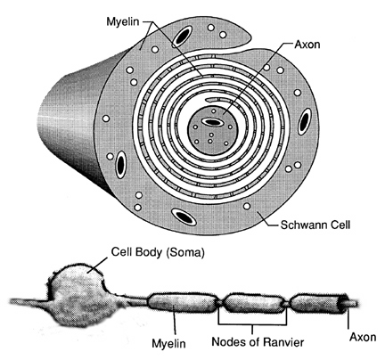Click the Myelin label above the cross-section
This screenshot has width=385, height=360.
[123, 22]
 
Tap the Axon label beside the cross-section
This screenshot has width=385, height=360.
[307, 45]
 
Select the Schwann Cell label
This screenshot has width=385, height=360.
[315, 225]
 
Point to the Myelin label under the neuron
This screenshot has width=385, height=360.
[168, 343]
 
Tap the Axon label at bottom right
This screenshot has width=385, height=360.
[363, 337]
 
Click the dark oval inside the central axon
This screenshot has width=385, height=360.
[211, 122]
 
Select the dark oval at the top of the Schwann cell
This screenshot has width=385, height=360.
[181, 36]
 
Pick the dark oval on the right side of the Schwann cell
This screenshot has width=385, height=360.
[304, 122]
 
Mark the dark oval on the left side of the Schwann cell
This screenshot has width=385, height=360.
[120, 164]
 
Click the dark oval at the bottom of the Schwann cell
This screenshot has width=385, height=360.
[184, 217]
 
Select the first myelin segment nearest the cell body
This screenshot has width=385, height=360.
[182, 302]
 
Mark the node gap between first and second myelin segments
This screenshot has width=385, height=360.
[220, 303]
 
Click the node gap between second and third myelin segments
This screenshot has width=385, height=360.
[285, 304]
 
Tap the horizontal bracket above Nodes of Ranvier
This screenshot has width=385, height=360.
[252, 324]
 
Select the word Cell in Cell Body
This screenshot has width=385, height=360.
[120, 252]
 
